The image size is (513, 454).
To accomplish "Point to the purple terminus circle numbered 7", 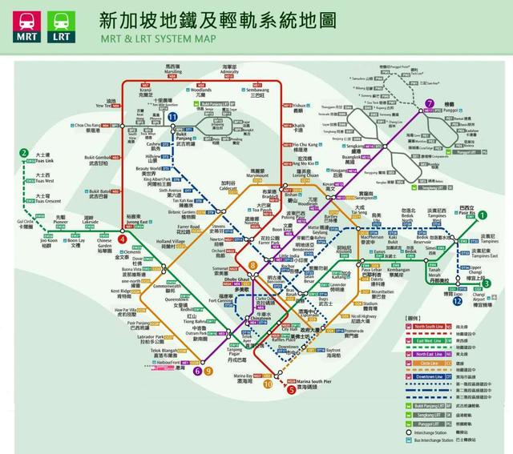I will tap(430, 103).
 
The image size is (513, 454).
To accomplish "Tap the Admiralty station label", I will tap(230, 70).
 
